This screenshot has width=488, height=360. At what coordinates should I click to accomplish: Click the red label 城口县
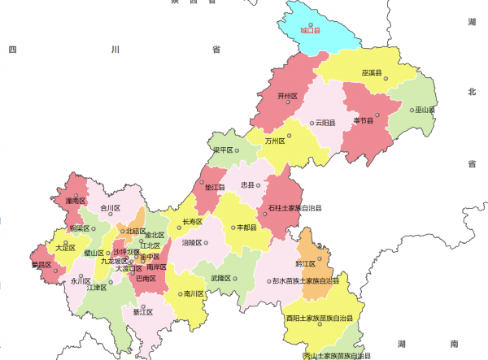pyautogui.click(x=310, y=31)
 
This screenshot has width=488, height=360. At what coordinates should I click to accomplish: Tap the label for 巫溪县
pyautogui.click(x=373, y=73)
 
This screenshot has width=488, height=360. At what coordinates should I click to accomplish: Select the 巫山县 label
pyautogui.click(x=425, y=109)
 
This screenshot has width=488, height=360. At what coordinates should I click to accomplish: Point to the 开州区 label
pyautogui.click(x=288, y=96)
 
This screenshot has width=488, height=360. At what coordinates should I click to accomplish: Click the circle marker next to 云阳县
pyautogui.click(x=310, y=124)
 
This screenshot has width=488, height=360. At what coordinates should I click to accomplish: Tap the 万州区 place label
pyautogui.click(x=275, y=141)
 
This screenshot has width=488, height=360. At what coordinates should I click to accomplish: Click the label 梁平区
pyautogui.click(x=223, y=150)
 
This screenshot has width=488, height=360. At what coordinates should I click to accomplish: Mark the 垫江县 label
pyautogui.click(x=215, y=187)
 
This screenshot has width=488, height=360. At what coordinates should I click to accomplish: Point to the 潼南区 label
pyautogui.click(x=75, y=200)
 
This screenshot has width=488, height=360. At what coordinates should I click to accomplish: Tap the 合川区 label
pyautogui.click(x=110, y=208)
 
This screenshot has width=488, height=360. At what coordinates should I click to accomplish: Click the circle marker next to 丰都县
pyautogui.click(x=234, y=228)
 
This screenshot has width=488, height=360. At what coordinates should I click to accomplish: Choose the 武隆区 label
pyautogui.click(x=220, y=278)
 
